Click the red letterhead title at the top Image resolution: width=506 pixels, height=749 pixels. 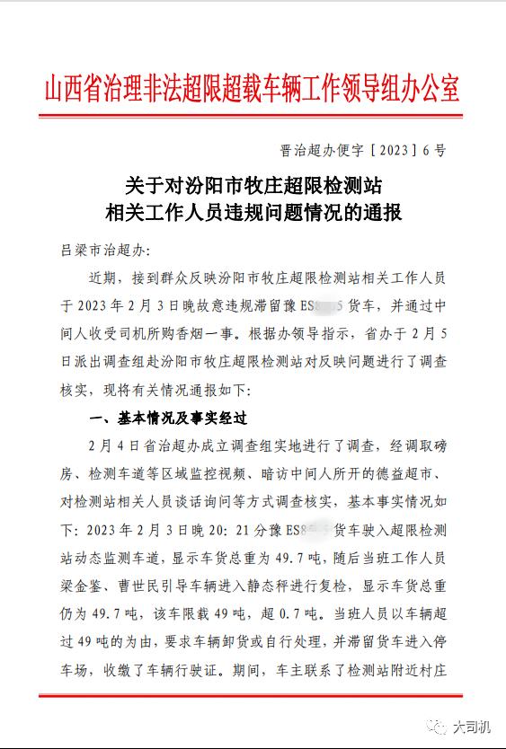253,90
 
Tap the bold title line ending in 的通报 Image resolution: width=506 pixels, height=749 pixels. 253,214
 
